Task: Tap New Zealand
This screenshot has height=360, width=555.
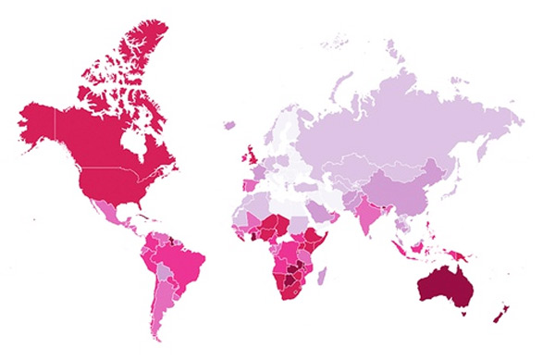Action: pos(500,313)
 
